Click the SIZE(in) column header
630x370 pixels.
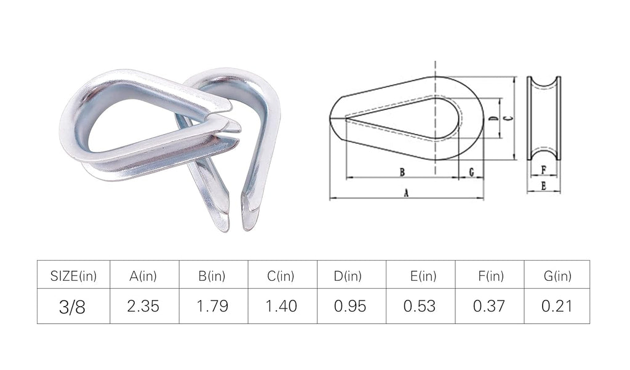pos(74,276)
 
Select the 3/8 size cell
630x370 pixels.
pos(73,307)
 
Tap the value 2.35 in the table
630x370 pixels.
pos(143,306)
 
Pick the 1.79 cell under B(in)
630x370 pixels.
pos(212,306)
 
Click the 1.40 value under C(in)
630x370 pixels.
pos(281,306)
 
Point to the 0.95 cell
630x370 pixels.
pos(350,306)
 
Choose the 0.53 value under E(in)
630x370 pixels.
pos(420,306)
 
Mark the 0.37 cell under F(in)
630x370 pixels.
pos(488,306)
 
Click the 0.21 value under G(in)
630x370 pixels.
pos(556,306)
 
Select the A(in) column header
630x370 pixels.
pos(143,276)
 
